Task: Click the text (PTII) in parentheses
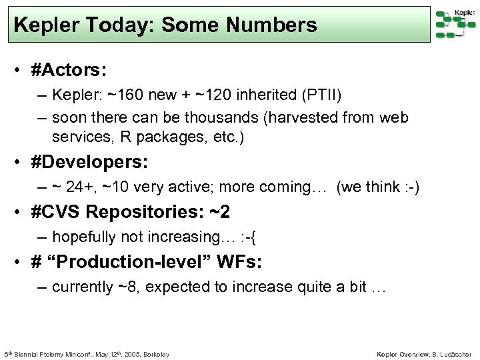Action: [318, 95]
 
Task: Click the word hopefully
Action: [83, 236]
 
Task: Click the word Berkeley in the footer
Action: [156, 353]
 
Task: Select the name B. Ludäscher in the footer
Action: [452, 353]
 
